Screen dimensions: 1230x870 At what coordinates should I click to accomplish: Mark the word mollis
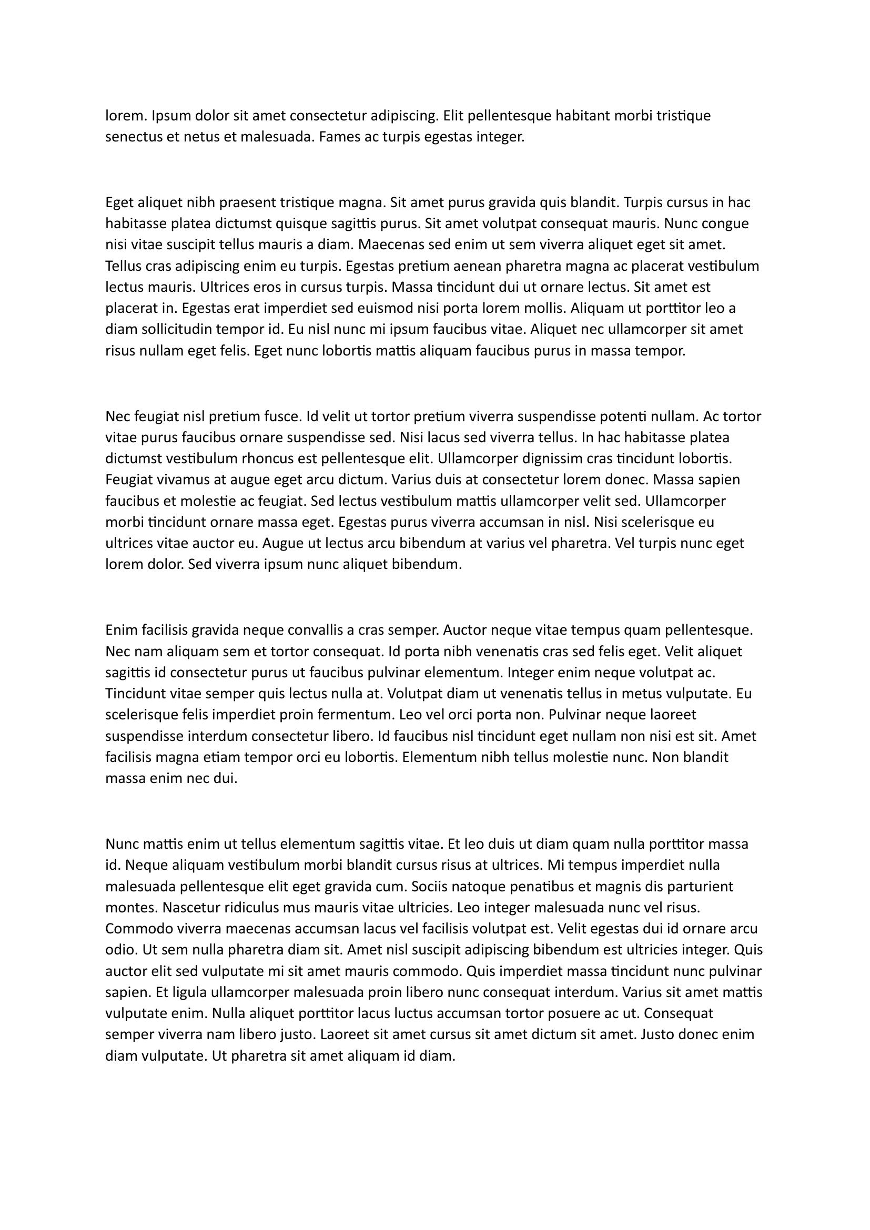(545, 309)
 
